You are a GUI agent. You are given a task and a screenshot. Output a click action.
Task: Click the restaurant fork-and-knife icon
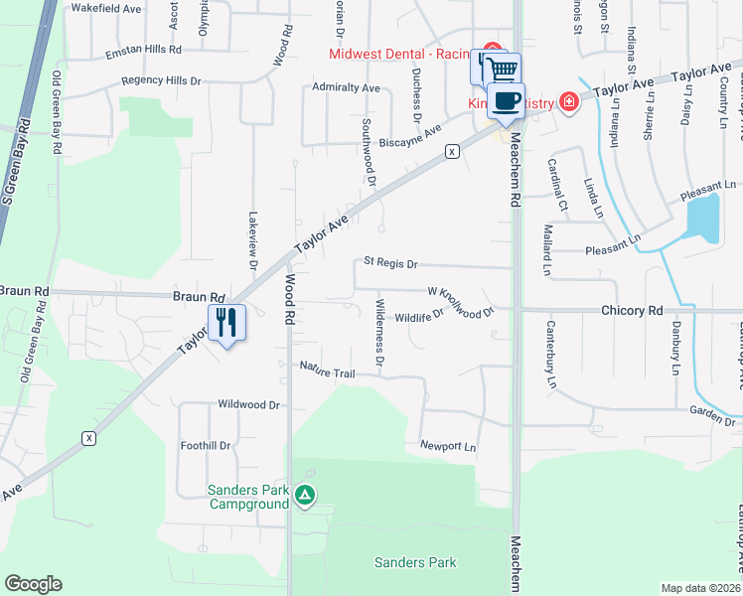pyautogui.click(x=226, y=322)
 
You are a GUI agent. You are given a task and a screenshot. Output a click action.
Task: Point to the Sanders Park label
pyautogui.click(x=415, y=562)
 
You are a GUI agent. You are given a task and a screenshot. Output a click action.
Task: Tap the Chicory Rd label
pyautogui.click(x=631, y=311)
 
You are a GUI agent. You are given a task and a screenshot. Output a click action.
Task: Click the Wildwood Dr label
pyautogui.click(x=249, y=405)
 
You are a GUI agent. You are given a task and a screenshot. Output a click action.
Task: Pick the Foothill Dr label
pyautogui.click(x=206, y=446)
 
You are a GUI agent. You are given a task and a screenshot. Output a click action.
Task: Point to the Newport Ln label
pyautogui.click(x=448, y=446)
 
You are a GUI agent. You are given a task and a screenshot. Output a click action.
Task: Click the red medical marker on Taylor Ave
pyautogui.click(x=568, y=100)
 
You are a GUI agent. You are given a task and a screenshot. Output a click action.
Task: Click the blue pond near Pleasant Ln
pyautogui.click(x=703, y=219)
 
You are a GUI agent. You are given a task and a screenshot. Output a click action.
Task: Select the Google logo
pyautogui.click(x=33, y=584)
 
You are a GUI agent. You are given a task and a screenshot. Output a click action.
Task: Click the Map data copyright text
pyautogui.click(x=700, y=588)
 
